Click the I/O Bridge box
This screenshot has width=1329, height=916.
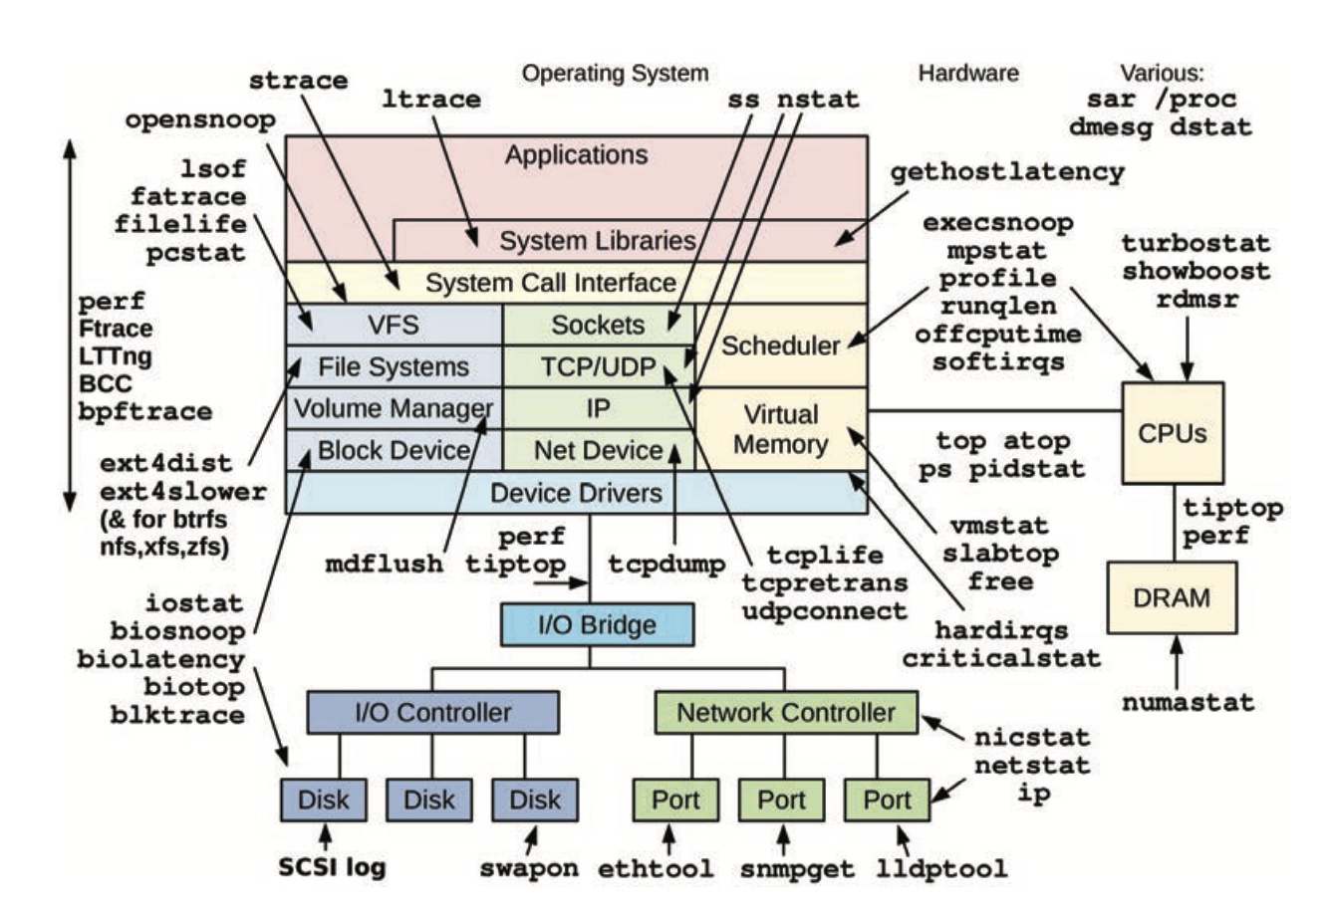pyautogui.click(x=596, y=625)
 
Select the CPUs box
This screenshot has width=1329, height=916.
pyautogui.click(x=1173, y=434)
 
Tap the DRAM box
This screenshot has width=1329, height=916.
pyautogui.click(x=1172, y=598)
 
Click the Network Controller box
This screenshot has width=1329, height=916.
pyautogui.click(x=785, y=713)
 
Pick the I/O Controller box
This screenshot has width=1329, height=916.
pyautogui.click(x=432, y=713)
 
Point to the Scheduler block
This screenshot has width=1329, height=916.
pyautogui.click(x=781, y=345)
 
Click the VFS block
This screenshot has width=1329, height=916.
pyautogui.click(x=394, y=325)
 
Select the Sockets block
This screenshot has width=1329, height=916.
pyautogui.click(x=598, y=325)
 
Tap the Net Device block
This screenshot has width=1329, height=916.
pyautogui.click(x=598, y=450)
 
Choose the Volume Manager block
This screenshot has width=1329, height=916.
pyautogui.click(x=394, y=408)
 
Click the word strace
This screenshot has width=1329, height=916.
pyautogui.click(x=298, y=80)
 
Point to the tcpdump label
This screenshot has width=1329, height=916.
pyautogui.click(x=666, y=565)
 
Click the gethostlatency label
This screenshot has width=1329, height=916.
pyautogui.click(x=1006, y=172)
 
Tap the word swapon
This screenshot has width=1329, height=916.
pyautogui.click(x=528, y=868)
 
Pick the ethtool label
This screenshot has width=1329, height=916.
pyautogui.click(x=656, y=868)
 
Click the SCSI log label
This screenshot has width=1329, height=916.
pyautogui.click(x=332, y=866)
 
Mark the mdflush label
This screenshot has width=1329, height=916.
pyautogui.click(x=384, y=565)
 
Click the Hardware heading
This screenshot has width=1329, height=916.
pyautogui.click(x=968, y=73)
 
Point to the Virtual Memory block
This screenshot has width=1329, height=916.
pyautogui.click(x=780, y=429)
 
